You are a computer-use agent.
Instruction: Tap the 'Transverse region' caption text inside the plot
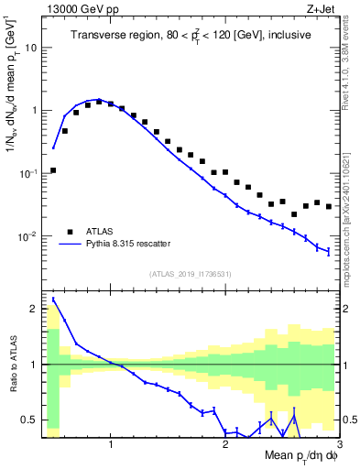click(192, 35)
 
